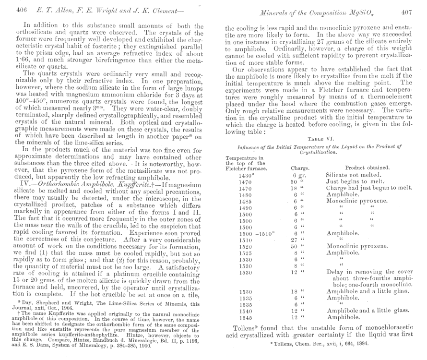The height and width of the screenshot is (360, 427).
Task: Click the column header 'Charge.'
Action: pos(300,168)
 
